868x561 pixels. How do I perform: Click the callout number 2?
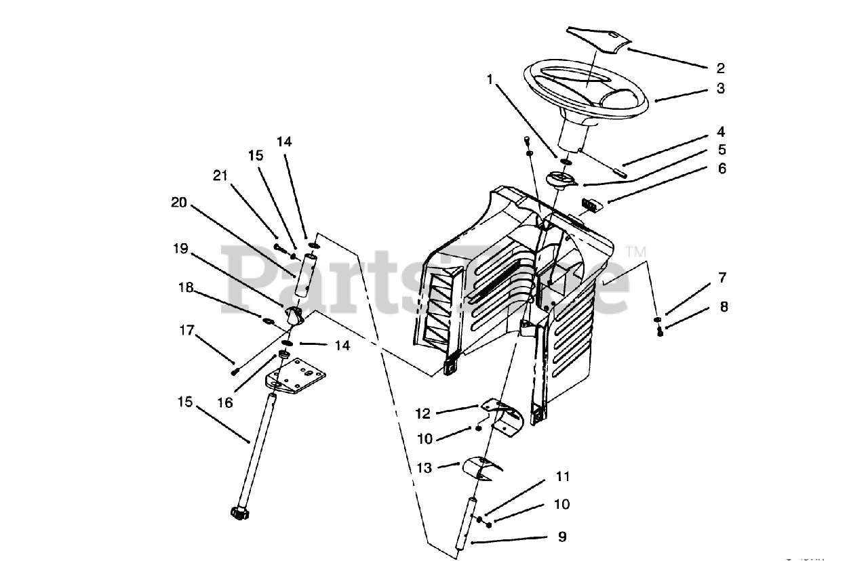pyautogui.click(x=720, y=68)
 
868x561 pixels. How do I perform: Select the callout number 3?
pyautogui.click(x=720, y=88)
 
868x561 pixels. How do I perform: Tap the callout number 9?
pyautogui.click(x=561, y=537)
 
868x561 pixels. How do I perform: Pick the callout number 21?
pyautogui.click(x=219, y=175)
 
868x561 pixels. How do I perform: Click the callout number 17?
pyautogui.click(x=187, y=331)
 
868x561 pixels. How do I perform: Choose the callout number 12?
pyautogui.click(x=423, y=413)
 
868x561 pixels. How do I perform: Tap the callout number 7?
pyautogui.click(x=722, y=277)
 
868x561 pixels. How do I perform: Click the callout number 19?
pyautogui.click(x=180, y=249)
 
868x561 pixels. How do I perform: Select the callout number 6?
pyautogui.click(x=722, y=169)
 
